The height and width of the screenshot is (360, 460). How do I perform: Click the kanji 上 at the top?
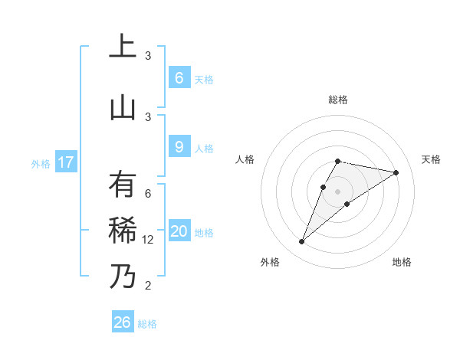[123, 47]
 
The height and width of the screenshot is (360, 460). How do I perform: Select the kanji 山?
[123, 107]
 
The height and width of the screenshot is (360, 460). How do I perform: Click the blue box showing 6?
[179, 78]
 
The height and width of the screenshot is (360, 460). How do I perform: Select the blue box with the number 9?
[179, 148]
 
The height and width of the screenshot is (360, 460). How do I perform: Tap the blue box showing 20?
[179, 231]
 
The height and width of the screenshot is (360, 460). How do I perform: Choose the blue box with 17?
[65, 162]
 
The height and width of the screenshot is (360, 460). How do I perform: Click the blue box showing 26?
[122, 322]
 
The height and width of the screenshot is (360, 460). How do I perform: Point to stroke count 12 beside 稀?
[148, 240]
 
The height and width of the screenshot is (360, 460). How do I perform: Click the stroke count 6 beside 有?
[148, 194]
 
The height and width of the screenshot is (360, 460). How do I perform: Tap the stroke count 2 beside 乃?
[148, 286]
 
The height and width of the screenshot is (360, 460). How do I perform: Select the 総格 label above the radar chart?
[338, 100]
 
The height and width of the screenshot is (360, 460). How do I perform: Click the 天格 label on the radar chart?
[432, 159]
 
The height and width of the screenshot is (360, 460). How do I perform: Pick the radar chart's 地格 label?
[402, 262]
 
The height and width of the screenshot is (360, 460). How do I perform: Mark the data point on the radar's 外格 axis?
[301, 242]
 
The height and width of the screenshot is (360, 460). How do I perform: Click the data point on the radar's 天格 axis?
[396, 172]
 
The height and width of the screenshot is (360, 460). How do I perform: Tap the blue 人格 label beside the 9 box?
[204, 149]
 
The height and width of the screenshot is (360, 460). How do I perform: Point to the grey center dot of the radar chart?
[338, 191]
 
